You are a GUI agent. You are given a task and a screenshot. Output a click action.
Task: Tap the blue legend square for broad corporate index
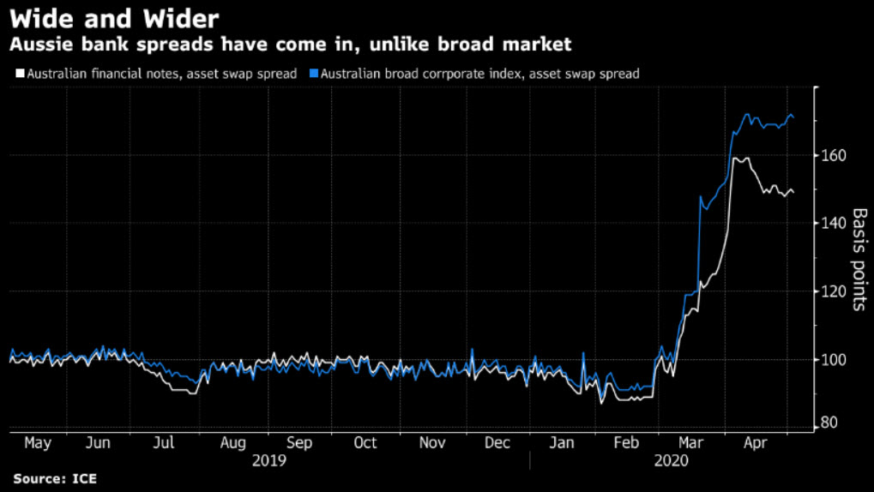(315, 74)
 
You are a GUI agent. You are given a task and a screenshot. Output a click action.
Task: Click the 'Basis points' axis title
(859, 258)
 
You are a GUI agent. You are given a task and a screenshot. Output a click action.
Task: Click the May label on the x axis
(38, 442)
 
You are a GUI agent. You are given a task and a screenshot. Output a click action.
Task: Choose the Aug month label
(233, 442)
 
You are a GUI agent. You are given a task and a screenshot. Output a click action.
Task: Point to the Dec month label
(497, 442)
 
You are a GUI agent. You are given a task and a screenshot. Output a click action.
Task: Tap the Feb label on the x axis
(627, 442)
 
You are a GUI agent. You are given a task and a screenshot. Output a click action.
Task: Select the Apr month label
(754, 442)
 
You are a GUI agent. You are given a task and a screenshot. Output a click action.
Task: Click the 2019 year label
(269, 460)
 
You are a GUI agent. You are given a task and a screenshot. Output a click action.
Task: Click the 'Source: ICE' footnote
(54, 478)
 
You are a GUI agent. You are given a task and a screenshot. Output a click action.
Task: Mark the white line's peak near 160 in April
(738, 159)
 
